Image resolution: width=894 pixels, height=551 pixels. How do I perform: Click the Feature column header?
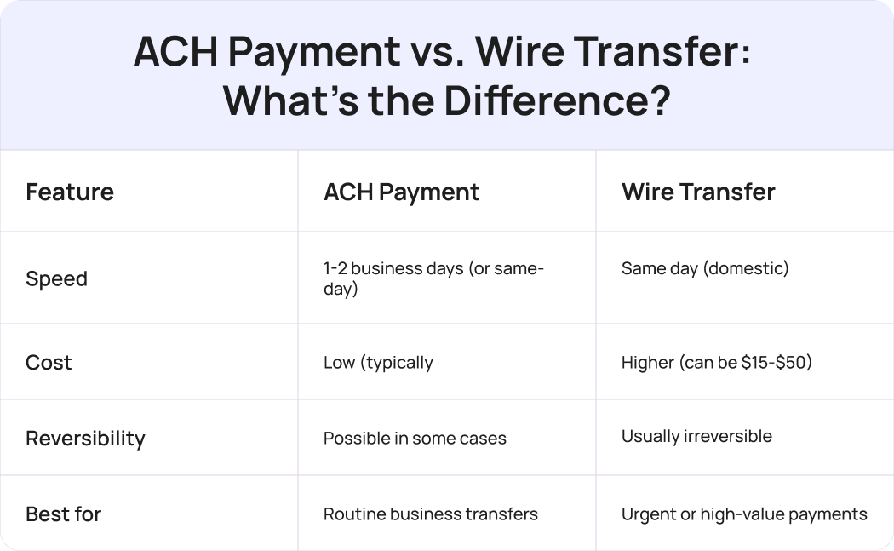pyautogui.click(x=70, y=192)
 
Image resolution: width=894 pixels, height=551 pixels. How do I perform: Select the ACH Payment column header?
pyautogui.click(x=401, y=192)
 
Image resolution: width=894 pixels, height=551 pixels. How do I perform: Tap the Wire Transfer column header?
pyautogui.click(x=698, y=192)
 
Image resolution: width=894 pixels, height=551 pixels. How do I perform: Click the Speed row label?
pyautogui.click(x=56, y=278)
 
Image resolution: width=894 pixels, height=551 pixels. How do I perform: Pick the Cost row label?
pyautogui.click(x=49, y=362)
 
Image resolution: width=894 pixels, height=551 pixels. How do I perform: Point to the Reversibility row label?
pyautogui.click(x=85, y=438)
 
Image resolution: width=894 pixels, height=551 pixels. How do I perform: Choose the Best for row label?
pyautogui.click(x=63, y=514)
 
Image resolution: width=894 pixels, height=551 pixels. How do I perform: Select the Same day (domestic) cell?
pyautogui.click(x=705, y=268)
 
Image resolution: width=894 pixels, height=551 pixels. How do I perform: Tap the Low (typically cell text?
pyautogui.click(x=378, y=363)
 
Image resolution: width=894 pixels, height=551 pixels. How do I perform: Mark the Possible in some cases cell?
pyautogui.click(x=415, y=439)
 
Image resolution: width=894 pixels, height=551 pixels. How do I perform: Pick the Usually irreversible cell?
pyautogui.click(x=696, y=436)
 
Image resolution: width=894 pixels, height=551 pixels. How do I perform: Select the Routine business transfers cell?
pyautogui.click(x=430, y=514)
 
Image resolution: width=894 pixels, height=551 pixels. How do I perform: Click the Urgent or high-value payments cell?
pyautogui.click(x=744, y=514)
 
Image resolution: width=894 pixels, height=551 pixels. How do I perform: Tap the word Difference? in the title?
pyautogui.click(x=557, y=101)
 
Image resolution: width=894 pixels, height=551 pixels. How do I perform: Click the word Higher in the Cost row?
pyautogui.click(x=647, y=363)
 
